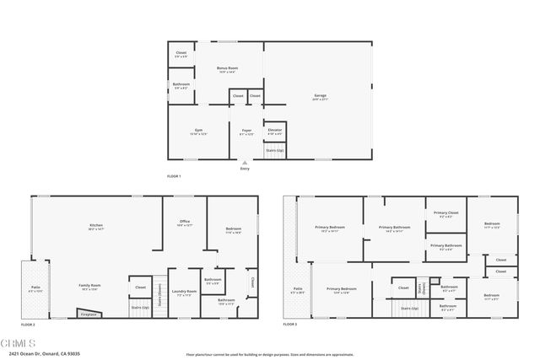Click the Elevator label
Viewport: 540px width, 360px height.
tap(275, 131)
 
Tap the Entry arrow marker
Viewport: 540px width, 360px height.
tap(246, 163)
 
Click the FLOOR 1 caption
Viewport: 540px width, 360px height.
tap(175, 175)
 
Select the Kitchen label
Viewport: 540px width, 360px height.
tap(96, 226)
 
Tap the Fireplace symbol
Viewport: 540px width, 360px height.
tap(88, 314)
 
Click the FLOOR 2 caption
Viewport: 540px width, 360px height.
tap(29, 324)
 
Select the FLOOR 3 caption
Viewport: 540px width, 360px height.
tap(291, 324)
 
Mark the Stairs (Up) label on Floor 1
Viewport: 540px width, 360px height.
tap(275, 151)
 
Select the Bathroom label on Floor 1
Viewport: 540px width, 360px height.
tap(181, 85)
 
